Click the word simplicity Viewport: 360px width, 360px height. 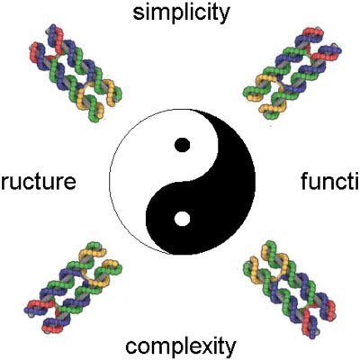pyautogui.click(x=180, y=14)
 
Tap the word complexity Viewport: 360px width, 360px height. pyautogui.click(x=181, y=346)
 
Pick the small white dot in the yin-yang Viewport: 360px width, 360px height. pyautogui.click(x=182, y=218)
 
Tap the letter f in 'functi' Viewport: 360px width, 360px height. pyautogui.click(x=303, y=182)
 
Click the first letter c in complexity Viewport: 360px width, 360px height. pyautogui.click(x=131, y=346)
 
